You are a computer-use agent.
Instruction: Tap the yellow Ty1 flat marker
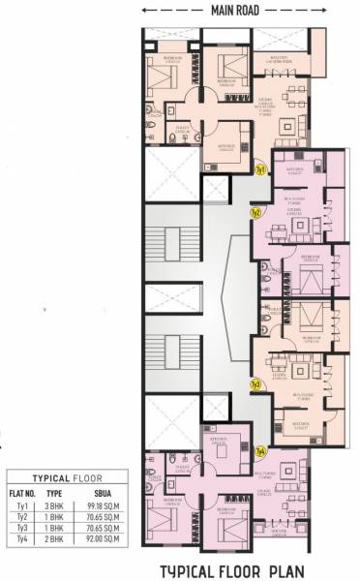pos(260,170)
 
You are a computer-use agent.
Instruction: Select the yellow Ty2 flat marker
pos(255,212)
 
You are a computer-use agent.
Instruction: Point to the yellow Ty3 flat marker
pos(255,383)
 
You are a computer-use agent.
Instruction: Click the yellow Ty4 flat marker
pos(259,450)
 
